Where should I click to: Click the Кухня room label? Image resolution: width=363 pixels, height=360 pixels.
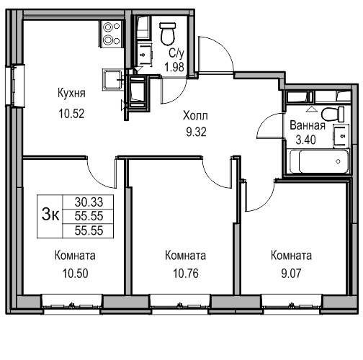coord(71,93)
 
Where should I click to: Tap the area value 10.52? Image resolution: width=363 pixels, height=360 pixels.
coord(71,114)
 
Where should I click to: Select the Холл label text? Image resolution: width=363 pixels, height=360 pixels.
coord(195,116)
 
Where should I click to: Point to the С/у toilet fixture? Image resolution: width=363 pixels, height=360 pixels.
coord(168,34)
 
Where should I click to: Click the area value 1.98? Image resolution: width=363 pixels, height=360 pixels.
coord(174,67)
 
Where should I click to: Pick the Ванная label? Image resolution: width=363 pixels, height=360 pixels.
coord(308,125)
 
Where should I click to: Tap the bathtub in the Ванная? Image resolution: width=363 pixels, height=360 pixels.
coord(319,161)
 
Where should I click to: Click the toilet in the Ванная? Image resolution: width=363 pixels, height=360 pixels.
coord(333,114)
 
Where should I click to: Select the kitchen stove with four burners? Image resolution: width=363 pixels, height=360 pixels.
coord(111,34)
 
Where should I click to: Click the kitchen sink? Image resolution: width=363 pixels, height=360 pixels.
coord(112,79)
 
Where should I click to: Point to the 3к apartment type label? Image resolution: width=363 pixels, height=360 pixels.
coord(50,215)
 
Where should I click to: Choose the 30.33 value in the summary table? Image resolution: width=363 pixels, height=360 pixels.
coord(89,202)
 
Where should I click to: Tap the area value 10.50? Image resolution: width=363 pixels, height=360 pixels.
coord(75,274)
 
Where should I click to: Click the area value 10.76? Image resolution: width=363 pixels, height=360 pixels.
coord(186,274)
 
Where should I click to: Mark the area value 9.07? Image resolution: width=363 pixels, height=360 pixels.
coord(291,274)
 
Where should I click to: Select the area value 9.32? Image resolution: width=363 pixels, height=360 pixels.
coord(196,132)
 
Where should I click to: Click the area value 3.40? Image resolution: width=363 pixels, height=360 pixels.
coord(305,140)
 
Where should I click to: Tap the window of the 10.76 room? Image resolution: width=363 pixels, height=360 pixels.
coord(180,304)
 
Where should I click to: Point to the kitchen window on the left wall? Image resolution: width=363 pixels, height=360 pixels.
coord(15,86)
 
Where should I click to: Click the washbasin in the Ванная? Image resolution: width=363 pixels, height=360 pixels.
coord(341,136)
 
